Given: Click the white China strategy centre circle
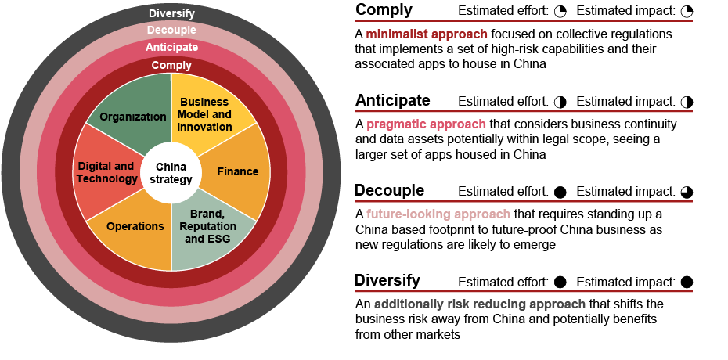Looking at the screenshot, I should tap(171, 173).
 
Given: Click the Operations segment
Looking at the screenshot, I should tap(135, 227).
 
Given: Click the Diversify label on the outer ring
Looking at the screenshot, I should tap(171, 13).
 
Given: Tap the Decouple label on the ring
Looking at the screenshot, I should tap(171, 31).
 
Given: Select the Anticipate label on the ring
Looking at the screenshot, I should tap(171, 48).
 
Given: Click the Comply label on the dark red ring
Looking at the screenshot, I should tap(171, 66).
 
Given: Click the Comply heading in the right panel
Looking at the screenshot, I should tap(384, 10).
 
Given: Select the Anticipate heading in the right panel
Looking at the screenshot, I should tap(393, 100).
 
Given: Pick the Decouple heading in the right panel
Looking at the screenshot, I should tap(390, 191).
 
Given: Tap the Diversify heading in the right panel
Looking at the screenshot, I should tap(387, 280).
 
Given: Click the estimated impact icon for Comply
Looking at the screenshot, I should tap(687, 12).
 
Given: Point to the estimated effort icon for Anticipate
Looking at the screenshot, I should tap(560, 102).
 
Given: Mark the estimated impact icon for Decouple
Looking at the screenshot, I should tap(687, 192).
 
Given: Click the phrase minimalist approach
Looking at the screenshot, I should tap(427, 34).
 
